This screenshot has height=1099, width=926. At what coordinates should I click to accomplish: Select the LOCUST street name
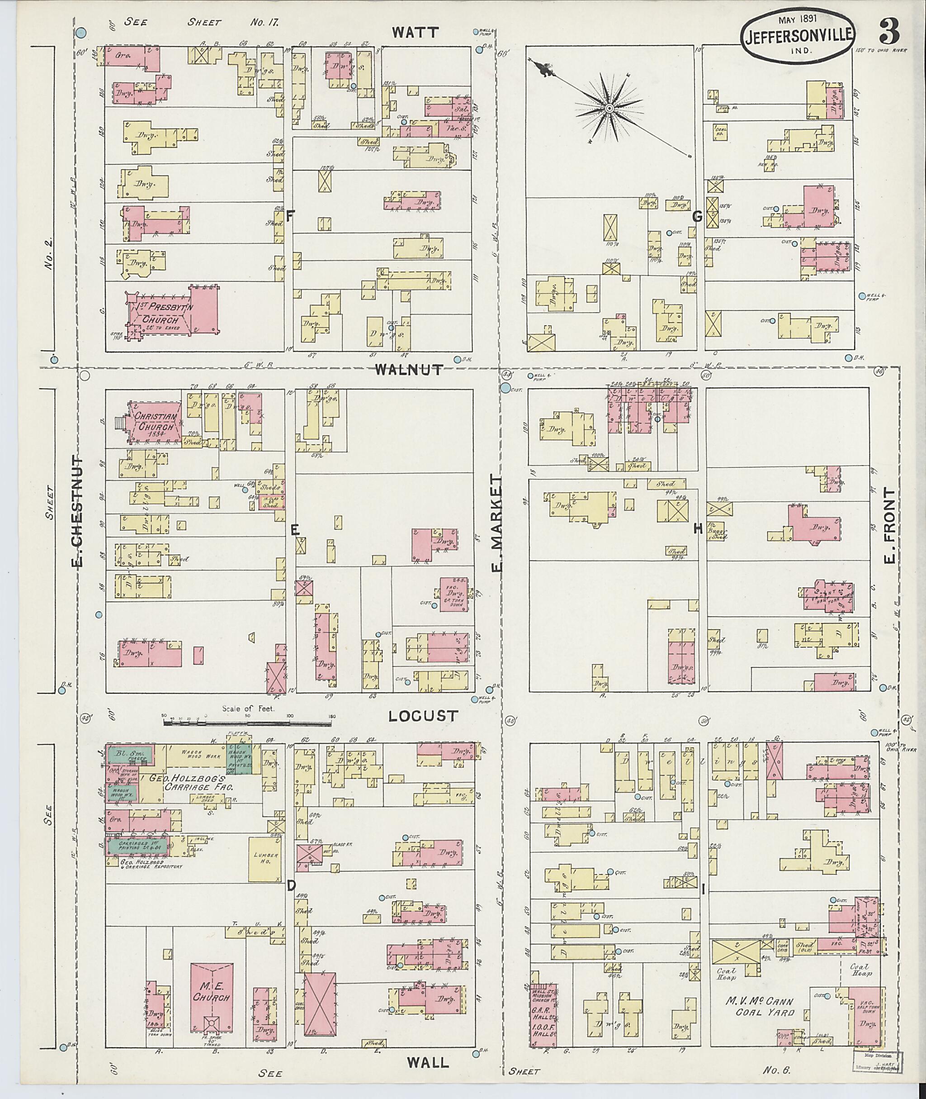coord(424,715)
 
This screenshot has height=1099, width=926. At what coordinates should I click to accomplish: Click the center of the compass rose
coord(609,109)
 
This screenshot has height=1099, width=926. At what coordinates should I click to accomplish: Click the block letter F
coord(290,214)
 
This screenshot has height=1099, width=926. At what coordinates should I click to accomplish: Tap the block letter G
coord(697,216)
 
